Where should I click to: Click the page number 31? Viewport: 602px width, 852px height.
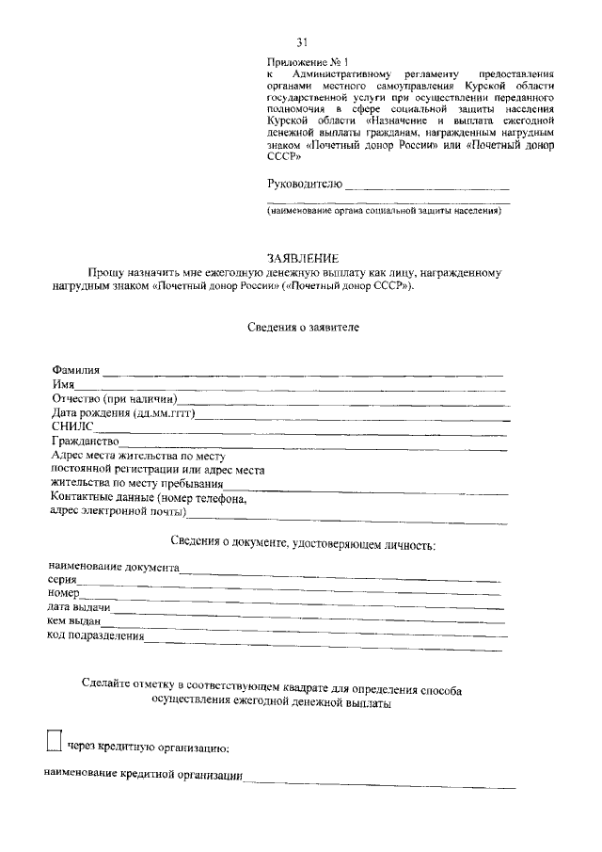pos(302,41)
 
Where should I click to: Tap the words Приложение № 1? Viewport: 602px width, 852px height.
pos(302,61)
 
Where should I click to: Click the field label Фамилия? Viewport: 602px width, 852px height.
pos(76,370)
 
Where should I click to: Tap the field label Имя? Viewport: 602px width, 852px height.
pos(63,384)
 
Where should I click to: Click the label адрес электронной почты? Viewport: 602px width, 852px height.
pos(117,512)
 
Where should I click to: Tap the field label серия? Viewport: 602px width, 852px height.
pos(62,581)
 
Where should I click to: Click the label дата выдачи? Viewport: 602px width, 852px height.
pos(79,608)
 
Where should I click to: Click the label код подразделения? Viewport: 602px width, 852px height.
pos(95,635)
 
